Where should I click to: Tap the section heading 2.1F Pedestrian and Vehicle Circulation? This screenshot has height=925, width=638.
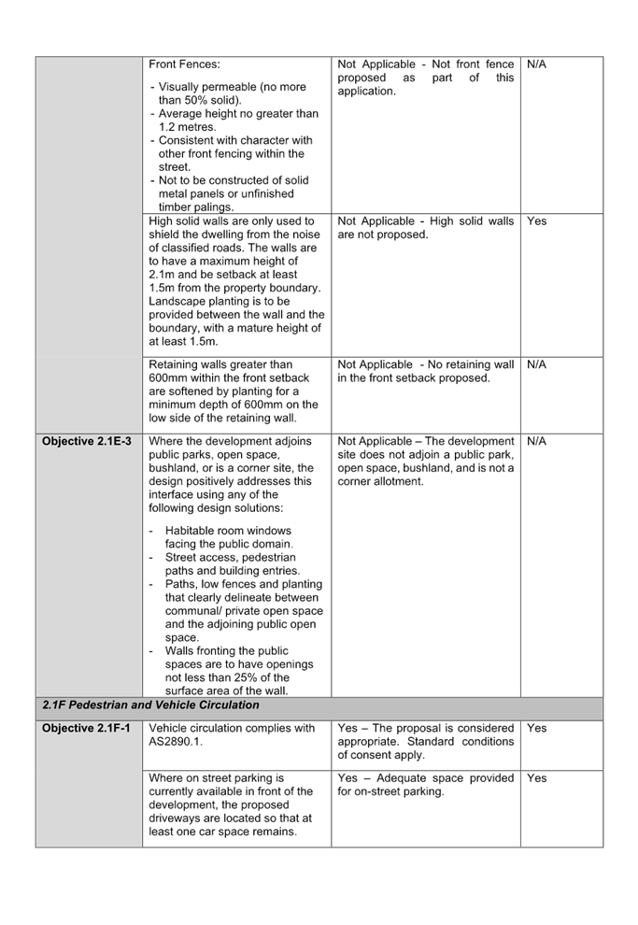coord(150,705)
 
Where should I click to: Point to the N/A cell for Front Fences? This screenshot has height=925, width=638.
coord(536,64)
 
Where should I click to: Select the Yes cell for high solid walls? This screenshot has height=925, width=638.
coord(536,221)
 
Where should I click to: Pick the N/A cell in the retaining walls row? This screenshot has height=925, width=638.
coord(536,365)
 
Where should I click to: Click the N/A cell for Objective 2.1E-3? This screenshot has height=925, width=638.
coord(536,441)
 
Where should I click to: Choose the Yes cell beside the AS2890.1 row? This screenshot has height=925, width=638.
coord(536,728)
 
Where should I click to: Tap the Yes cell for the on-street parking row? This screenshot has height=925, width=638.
coord(536,778)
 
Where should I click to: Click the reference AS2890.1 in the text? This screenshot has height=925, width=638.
coord(173,742)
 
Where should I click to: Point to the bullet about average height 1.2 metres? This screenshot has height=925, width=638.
coord(237,121)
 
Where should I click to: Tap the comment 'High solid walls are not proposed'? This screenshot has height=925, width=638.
coord(425,228)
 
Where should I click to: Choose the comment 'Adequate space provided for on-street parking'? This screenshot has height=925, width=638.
coord(425,785)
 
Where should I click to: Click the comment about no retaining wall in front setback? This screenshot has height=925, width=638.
coord(425,372)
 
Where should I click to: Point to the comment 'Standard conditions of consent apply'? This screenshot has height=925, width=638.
coord(425,748)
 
